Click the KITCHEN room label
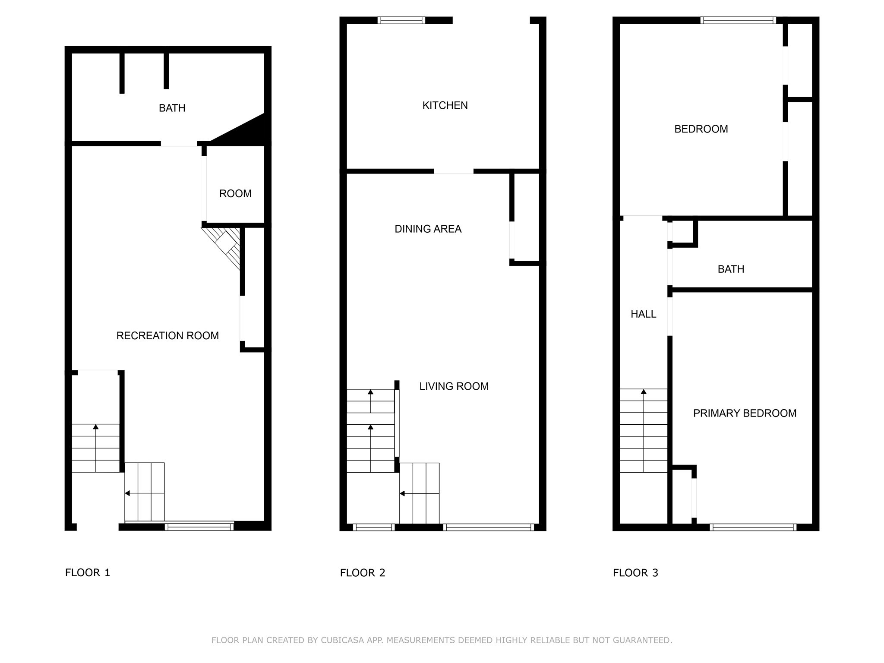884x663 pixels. pos(445,105)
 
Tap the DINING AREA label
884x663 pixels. pos(428,229)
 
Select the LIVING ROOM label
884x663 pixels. pos(454,386)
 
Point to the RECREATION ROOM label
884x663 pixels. pos(167,335)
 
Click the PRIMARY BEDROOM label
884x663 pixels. pos(745,413)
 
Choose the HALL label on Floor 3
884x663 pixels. pos(643,314)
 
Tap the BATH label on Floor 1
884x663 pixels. pos(172,108)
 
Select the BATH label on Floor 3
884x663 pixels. pos(731,269)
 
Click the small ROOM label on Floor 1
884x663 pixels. pos(235,193)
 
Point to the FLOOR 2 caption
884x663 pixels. pos(363,573)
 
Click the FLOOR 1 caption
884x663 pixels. pos(88,573)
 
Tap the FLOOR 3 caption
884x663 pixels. pos(635,573)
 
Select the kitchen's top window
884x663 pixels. pos(401,20)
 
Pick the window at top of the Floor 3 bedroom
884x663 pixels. pos(738,20)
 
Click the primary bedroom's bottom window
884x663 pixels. pos(753,527)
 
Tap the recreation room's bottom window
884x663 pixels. pos(199,527)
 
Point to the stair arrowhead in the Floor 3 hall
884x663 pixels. pos(644,391)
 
